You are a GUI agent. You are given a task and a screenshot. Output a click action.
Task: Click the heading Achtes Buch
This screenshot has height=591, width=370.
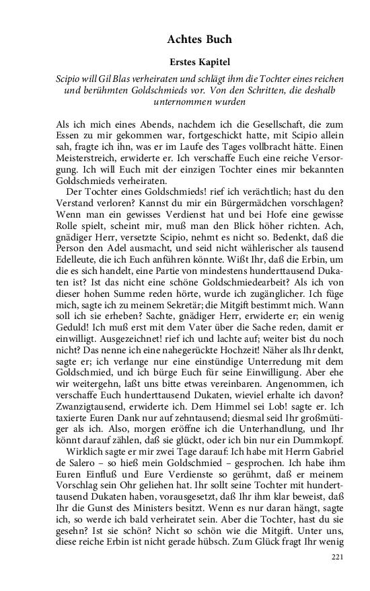200,40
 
